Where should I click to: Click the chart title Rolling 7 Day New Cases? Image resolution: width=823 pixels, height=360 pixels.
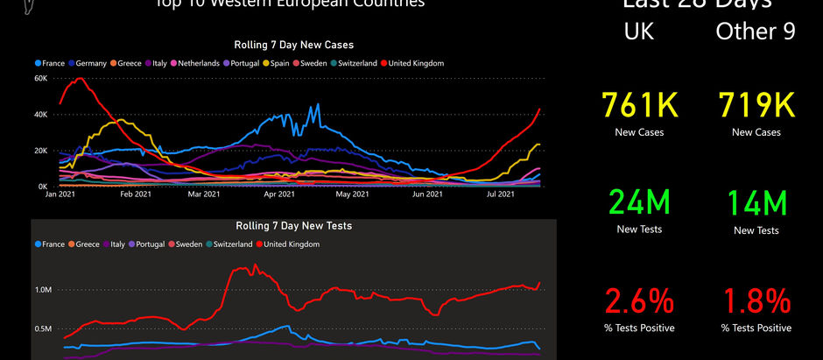tap(293, 45)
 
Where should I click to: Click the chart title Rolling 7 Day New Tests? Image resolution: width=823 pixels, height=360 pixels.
tap(293, 226)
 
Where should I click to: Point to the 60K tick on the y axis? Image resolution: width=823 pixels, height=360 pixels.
tap(40, 78)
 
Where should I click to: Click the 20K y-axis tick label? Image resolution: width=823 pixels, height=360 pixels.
tap(40, 151)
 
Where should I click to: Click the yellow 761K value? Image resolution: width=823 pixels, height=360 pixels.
tap(638, 106)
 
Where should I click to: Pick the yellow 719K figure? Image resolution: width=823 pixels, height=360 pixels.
tap(756, 106)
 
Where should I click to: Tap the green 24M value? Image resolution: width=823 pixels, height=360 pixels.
tap(638, 203)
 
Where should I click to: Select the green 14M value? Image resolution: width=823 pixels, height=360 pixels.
tap(756, 203)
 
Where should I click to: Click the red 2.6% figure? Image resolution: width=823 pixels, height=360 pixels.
tap(638, 302)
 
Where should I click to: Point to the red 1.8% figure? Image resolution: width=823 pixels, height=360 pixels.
tap(756, 302)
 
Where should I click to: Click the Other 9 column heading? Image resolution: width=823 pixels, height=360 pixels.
tap(756, 32)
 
